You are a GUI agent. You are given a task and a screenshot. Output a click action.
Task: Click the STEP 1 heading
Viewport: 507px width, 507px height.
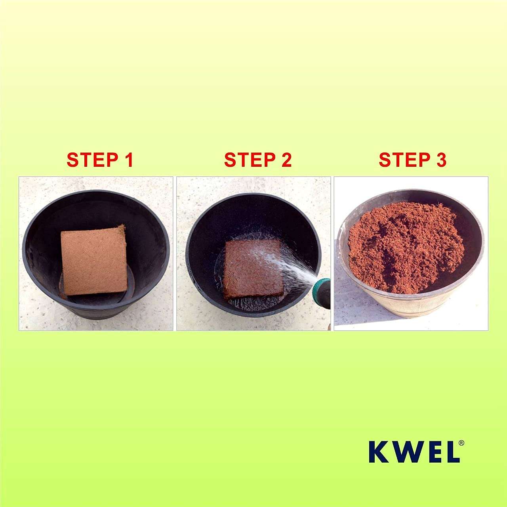tap(100, 160)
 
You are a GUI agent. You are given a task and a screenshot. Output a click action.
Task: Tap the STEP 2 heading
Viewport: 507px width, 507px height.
tap(258, 160)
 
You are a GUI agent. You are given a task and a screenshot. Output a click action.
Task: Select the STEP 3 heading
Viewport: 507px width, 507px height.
tap(412, 160)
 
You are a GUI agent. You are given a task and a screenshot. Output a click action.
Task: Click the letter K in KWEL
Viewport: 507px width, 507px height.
tap(379, 452)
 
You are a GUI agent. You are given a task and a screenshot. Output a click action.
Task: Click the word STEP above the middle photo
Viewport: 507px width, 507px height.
tap(245, 160)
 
